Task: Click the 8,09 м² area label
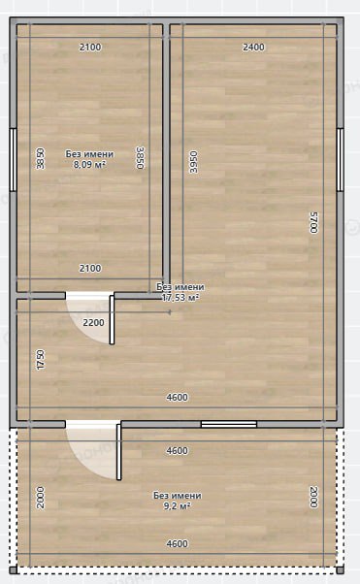pyautogui.click(x=89, y=164)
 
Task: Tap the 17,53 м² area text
pyautogui.click(x=180, y=297)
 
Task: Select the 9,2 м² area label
pyautogui.click(x=178, y=505)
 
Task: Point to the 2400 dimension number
pyautogui.click(x=253, y=47)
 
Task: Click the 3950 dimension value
pyautogui.click(x=193, y=162)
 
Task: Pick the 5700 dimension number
pyautogui.click(x=314, y=222)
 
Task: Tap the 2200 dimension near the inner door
pyautogui.click(x=93, y=322)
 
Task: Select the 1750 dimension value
pyautogui.click(x=41, y=359)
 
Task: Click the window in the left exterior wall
pyautogui.click(x=13, y=160)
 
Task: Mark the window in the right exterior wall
pyautogui.click(x=340, y=160)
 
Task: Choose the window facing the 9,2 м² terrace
pyautogui.click(x=229, y=424)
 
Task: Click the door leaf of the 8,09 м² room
pyautogui.click(x=112, y=320)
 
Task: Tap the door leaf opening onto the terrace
pyautogui.click(x=119, y=452)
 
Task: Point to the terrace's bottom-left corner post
pyautogui.click(x=13, y=569)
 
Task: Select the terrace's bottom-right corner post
pyautogui.click(x=340, y=569)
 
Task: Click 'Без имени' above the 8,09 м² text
pyautogui.click(x=89, y=154)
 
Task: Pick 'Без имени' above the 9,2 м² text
pyautogui.click(x=178, y=496)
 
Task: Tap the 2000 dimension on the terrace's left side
pyautogui.click(x=41, y=498)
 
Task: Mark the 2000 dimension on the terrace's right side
pyautogui.click(x=314, y=498)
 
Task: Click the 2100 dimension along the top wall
pyautogui.click(x=90, y=47)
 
